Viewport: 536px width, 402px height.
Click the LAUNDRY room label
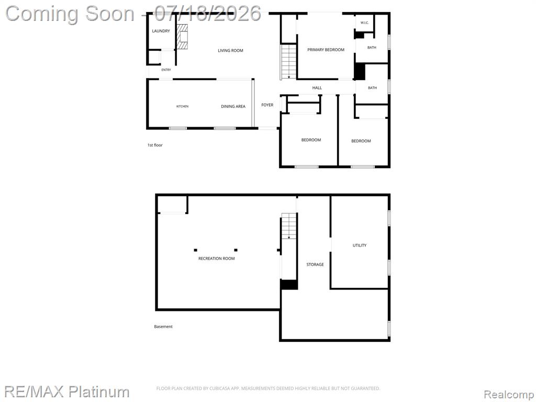(x=161, y=31)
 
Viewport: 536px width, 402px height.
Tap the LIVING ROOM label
(x=230, y=51)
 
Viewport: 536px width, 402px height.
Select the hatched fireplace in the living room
(x=182, y=36)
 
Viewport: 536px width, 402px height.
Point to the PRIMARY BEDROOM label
(x=326, y=50)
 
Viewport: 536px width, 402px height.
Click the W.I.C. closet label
(x=364, y=23)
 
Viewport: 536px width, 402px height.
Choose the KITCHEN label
(x=182, y=106)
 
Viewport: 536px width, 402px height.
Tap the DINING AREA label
(x=233, y=106)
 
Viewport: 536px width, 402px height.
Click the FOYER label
(x=267, y=105)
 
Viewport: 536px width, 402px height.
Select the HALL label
(x=317, y=88)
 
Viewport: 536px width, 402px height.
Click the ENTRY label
(x=166, y=70)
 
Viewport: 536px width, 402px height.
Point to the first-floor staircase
(x=289, y=62)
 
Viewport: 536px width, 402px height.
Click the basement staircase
(x=289, y=226)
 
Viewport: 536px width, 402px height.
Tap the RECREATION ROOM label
(x=216, y=259)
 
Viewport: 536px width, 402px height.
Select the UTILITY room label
(x=360, y=245)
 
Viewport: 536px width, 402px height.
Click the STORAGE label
(x=315, y=264)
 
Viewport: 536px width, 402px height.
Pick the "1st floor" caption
(x=155, y=145)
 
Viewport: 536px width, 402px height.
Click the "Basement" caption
(x=163, y=327)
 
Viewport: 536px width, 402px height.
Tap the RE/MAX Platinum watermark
(x=67, y=392)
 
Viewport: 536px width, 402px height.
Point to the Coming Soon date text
(x=133, y=14)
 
